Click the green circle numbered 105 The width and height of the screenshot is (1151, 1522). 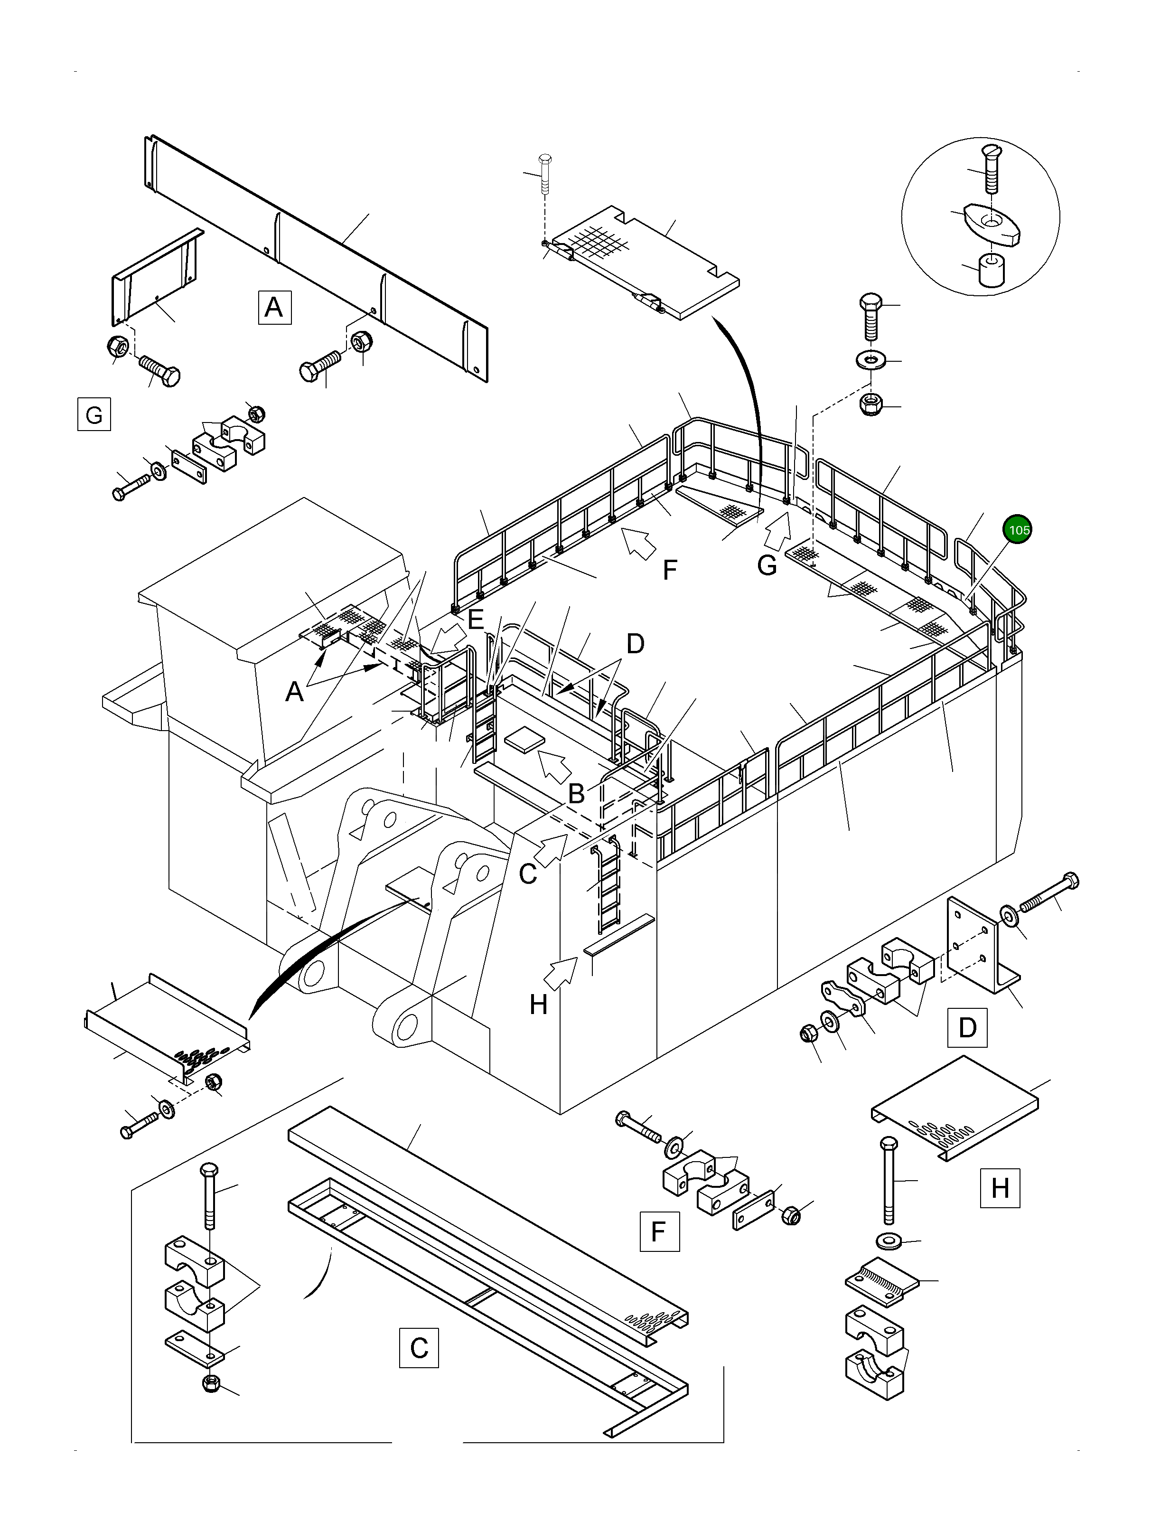tap(1018, 530)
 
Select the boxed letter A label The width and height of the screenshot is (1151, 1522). tap(274, 307)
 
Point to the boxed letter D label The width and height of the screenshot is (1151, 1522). tap(967, 1027)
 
